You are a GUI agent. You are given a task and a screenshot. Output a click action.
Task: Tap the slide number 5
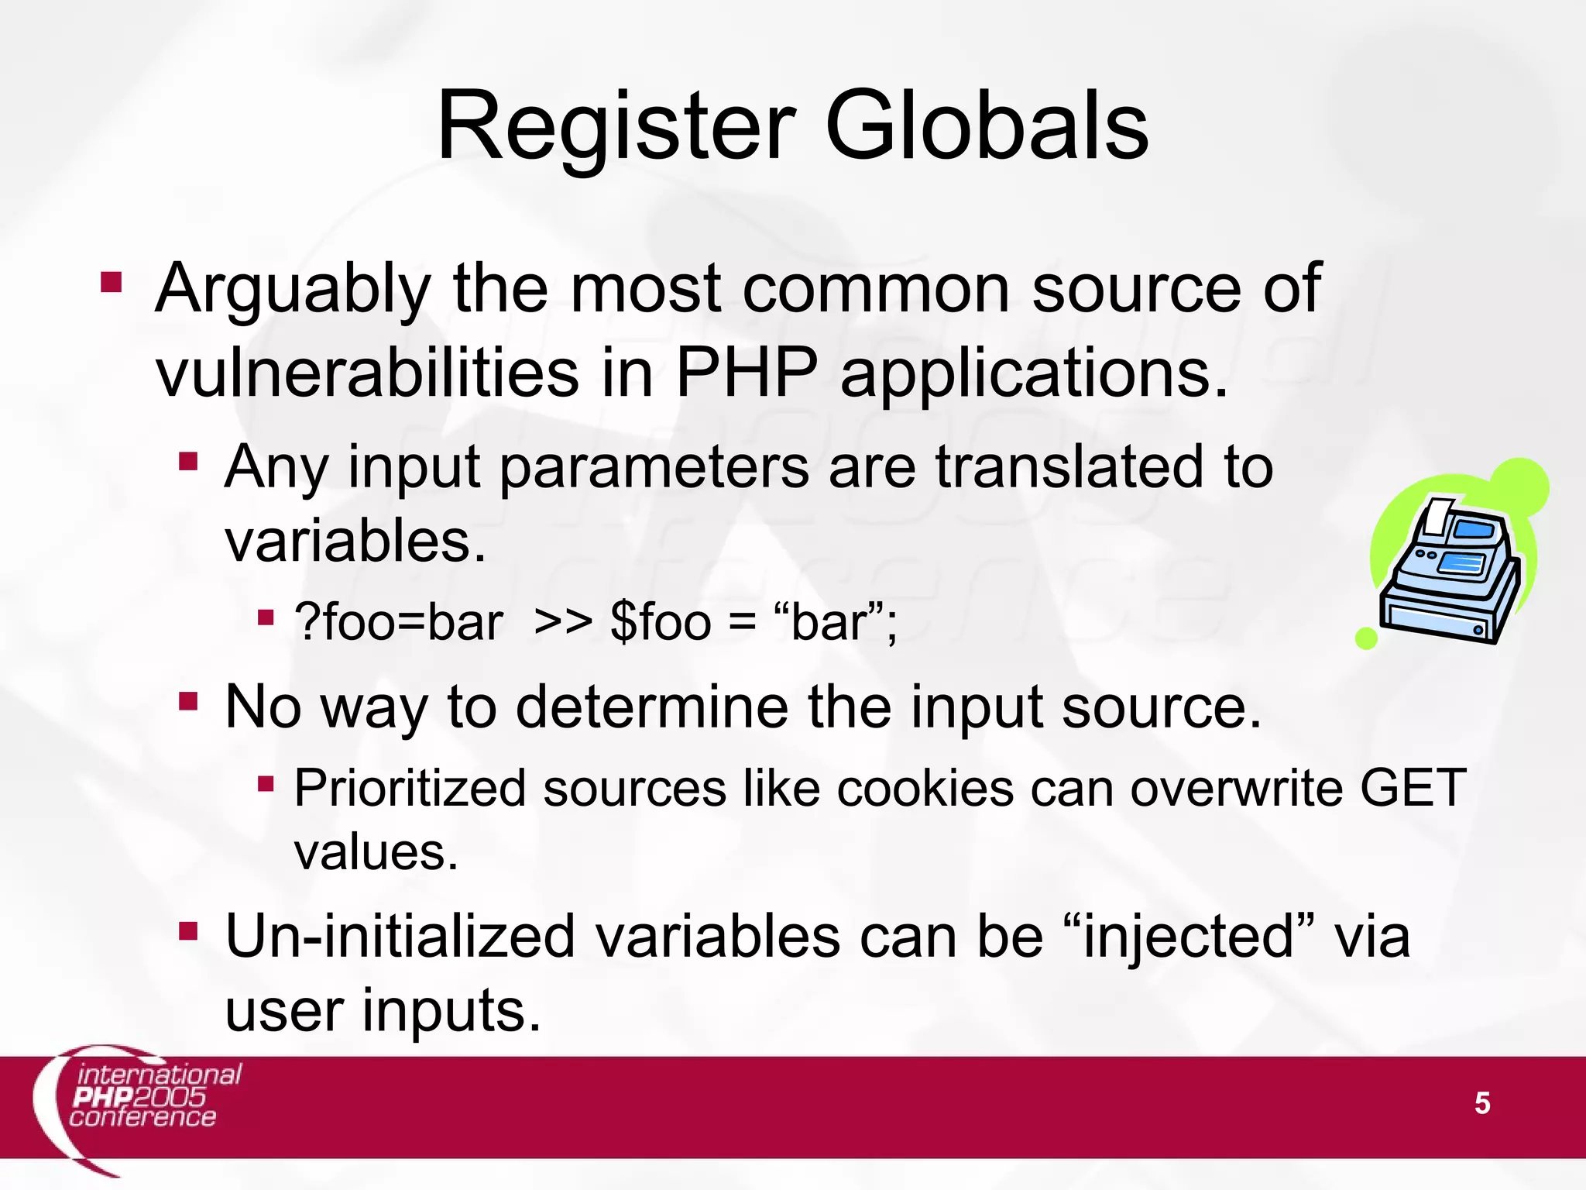click(1481, 1102)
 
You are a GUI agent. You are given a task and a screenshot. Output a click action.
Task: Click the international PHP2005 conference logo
click(139, 1100)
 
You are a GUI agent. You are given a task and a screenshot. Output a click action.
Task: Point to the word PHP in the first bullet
click(747, 373)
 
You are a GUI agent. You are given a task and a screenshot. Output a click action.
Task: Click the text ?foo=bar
click(399, 622)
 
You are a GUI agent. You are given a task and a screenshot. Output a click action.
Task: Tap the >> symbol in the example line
click(563, 622)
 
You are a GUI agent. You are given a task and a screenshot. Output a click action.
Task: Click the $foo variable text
click(660, 622)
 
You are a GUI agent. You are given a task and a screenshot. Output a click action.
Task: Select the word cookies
click(925, 789)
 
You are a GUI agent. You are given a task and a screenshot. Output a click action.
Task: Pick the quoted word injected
click(1189, 937)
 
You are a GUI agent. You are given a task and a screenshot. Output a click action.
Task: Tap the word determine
click(652, 707)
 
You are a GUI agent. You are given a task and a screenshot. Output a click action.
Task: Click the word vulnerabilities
click(367, 373)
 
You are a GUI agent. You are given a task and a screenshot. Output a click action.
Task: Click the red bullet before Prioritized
click(266, 785)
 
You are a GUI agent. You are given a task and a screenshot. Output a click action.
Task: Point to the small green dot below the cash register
click(1366, 638)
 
